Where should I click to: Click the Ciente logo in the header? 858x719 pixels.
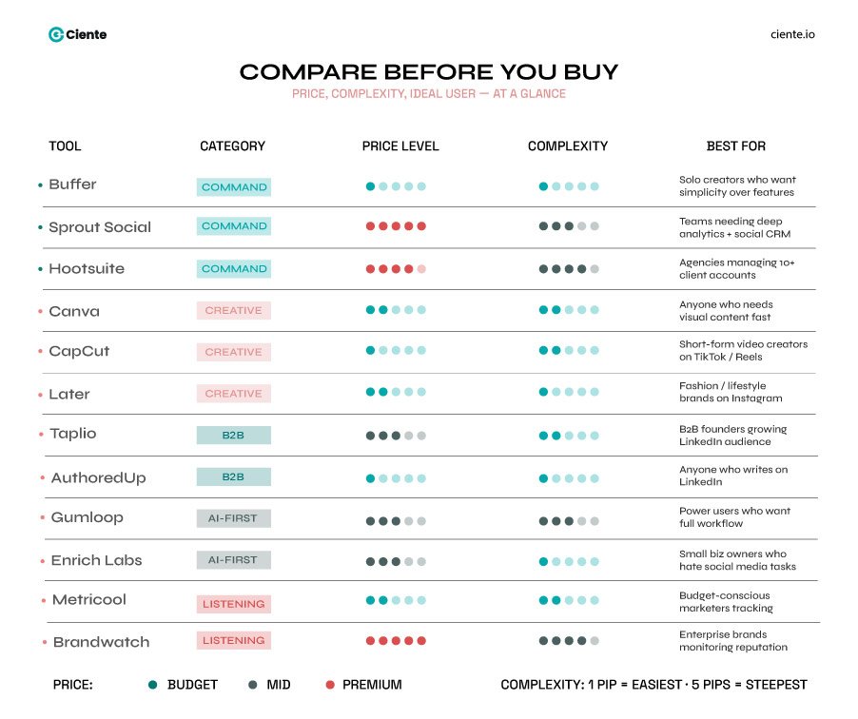[x=77, y=34]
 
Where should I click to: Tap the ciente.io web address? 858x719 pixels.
[x=792, y=34]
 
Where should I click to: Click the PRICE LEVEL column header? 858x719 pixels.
[x=400, y=146]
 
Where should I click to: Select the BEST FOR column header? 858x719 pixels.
[x=735, y=146]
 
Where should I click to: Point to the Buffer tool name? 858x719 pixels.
[x=72, y=185]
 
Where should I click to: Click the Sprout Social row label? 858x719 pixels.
[x=100, y=227]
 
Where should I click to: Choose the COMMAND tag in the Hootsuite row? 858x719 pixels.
[x=234, y=269]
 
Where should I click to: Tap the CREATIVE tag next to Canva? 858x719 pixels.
[x=234, y=311]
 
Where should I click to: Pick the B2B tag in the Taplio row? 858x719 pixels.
[x=234, y=435]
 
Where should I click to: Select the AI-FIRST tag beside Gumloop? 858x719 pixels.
[x=234, y=518]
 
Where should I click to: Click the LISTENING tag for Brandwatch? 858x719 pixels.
[x=234, y=641]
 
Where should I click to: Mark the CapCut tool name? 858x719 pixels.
[x=79, y=351]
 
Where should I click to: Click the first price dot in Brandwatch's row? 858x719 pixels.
[x=371, y=641]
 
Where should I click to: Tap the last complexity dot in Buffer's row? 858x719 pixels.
[x=595, y=186]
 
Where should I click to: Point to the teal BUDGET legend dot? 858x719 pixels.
[x=153, y=685]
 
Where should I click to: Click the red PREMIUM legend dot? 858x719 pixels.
[x=330, y=685]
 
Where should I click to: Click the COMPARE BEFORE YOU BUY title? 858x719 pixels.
[x=429, y=72]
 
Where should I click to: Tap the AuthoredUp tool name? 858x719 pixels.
[x=98, y=477]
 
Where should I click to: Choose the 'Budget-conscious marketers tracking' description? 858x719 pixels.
[x=726, y=602]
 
